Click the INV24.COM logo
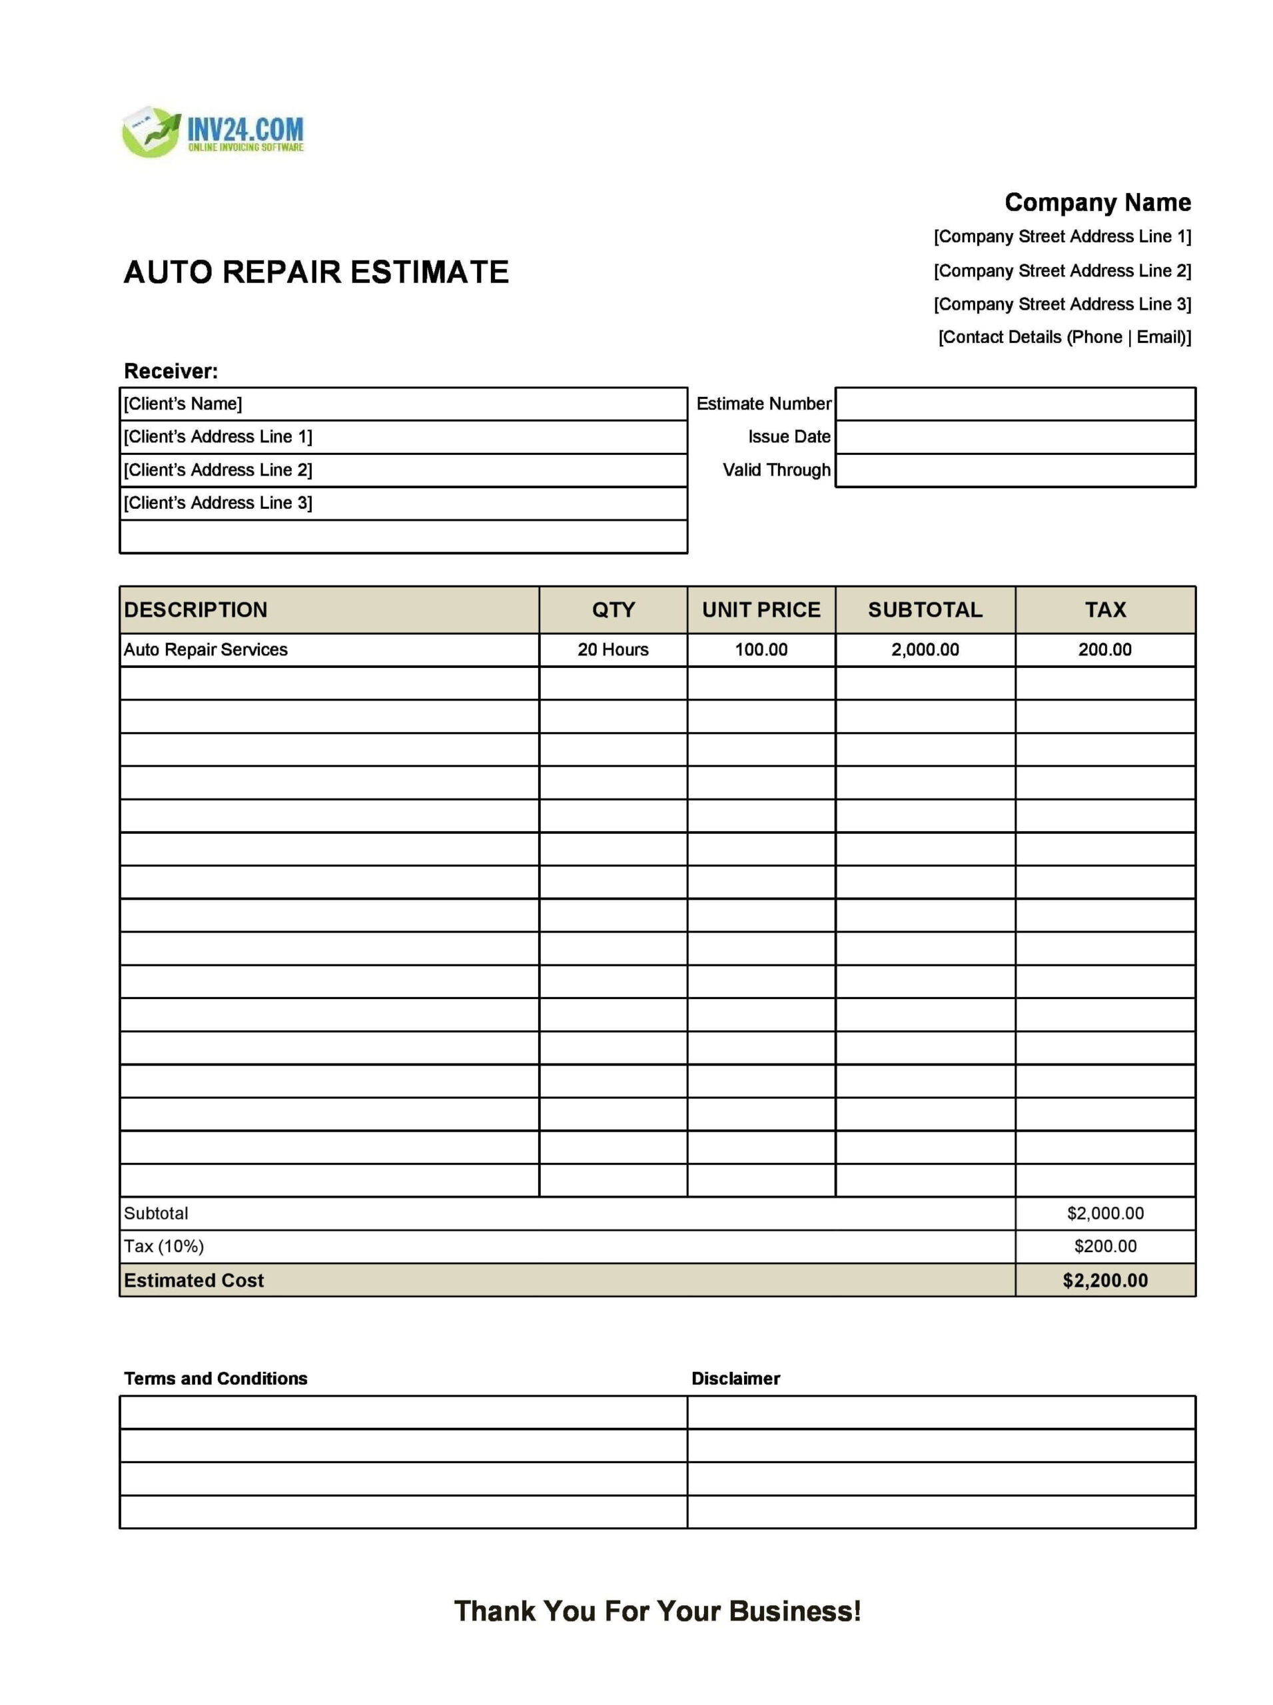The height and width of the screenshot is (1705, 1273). [213, 133]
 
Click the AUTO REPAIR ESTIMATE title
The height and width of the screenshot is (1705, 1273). [316, 272]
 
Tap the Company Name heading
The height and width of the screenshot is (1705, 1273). [1096, 202]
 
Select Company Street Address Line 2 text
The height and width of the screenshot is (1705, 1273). [1062, 270]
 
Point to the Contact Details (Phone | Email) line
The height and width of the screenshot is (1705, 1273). [1064, 338]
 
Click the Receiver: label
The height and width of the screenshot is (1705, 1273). [171, 372]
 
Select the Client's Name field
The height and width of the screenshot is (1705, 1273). [403, 404]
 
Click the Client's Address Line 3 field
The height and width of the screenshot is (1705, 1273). [403, 503]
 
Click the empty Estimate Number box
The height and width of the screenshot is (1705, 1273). [1015, 404]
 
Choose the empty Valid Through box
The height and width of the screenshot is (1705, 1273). [1015, 470]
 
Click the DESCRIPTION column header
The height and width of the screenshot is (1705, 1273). [196, 609]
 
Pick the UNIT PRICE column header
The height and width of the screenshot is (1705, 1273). [761, 609]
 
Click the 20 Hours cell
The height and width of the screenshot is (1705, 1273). [613, 649]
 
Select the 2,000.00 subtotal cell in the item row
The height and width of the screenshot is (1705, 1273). [925, 649]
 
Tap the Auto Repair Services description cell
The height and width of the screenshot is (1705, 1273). [206, 649]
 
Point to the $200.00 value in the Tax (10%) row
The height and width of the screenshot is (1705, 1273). [1104, 1246]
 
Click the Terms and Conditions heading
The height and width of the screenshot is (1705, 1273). [216, 1379]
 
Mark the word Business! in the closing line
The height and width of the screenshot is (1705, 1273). [795, 1611]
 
